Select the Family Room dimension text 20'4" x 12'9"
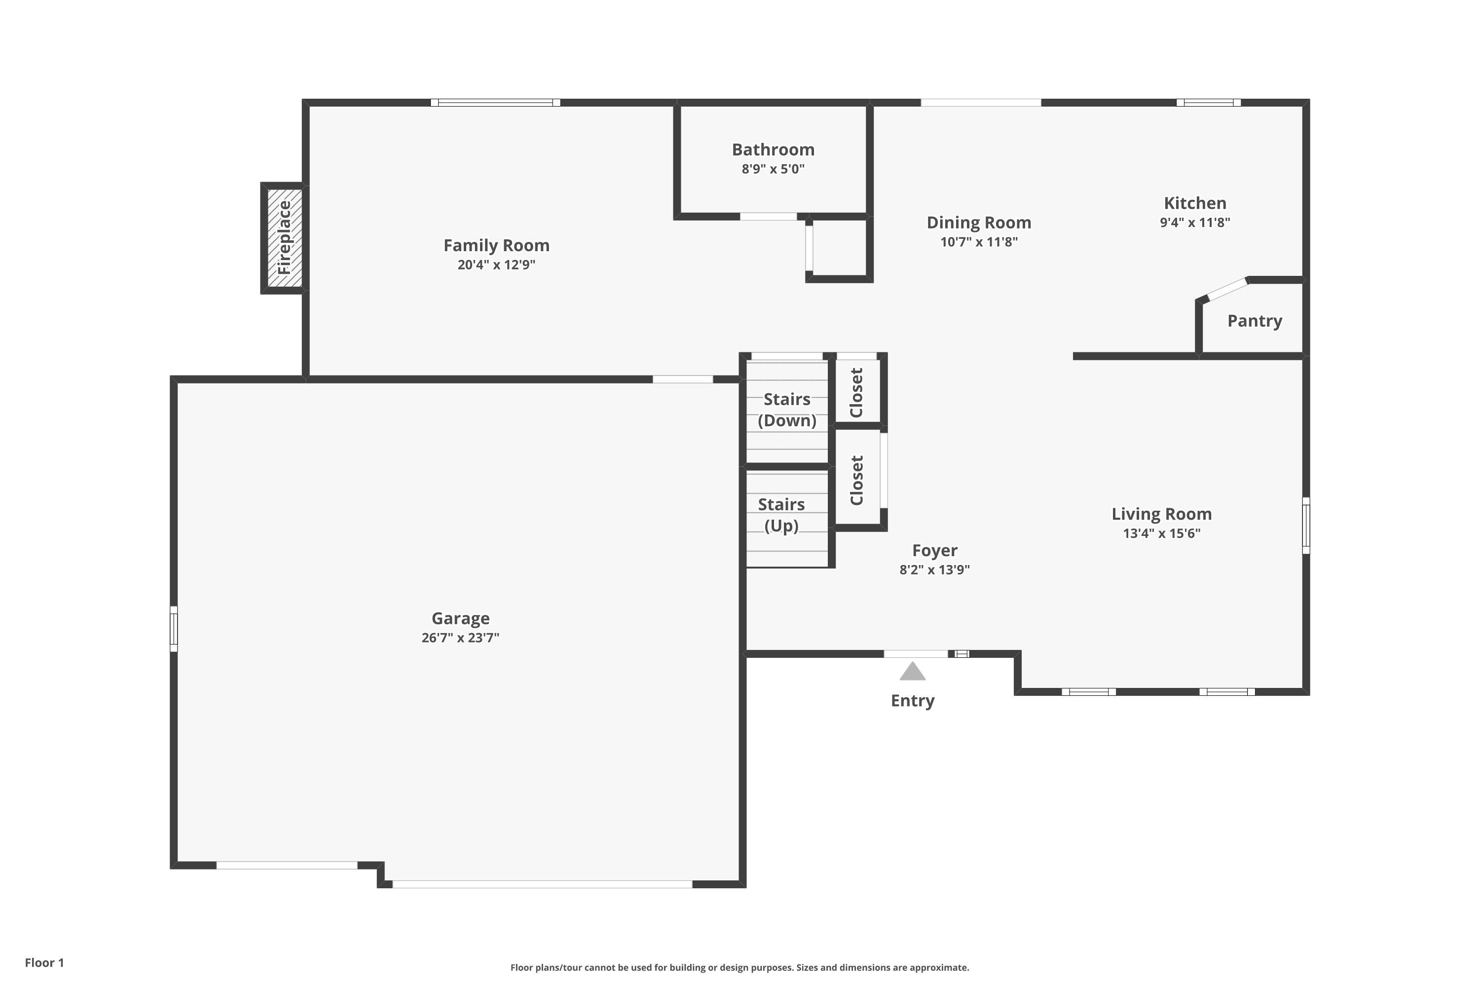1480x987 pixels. [x=496, y=265]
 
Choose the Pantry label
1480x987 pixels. [x=1254, y=321]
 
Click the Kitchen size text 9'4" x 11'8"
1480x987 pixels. [x=1194, y=222]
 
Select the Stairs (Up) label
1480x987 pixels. [x=781, y=515]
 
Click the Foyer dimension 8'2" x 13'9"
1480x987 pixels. [x=934, y=569]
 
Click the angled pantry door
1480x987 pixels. [x=1227, y=288]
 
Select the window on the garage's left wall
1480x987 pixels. [x=174, y=629]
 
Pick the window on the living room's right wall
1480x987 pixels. [x=1306, y=526]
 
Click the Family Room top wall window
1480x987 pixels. [x=495, y=103]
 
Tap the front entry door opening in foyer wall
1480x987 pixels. [x=916, y=654]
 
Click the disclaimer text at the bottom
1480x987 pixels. [x=740, y=967]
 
